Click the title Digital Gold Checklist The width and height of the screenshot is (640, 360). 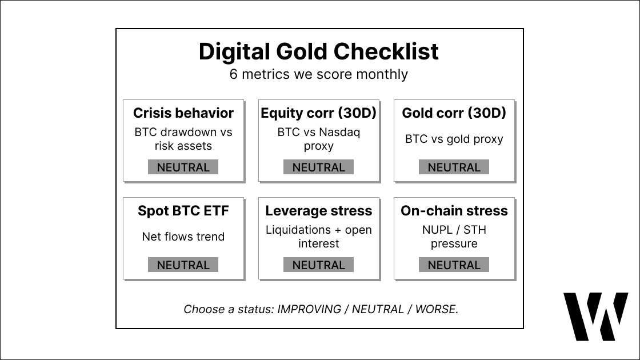tap(319, 52)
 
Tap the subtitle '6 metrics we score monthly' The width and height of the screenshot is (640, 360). tap(319, 74)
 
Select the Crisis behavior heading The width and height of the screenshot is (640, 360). tap(183, 113)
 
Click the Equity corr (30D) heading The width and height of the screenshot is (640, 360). tap(319, 113)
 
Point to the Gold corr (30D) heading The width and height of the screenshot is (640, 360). tap(454, 113)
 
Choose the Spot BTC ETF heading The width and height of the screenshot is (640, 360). tap(183, 211)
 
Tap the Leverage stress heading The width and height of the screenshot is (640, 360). tap(319, 211)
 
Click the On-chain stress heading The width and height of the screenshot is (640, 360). tap(454, 211)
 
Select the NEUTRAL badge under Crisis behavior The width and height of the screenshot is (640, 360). tap(183, 167)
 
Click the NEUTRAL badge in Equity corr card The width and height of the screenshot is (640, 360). tap(319, 167)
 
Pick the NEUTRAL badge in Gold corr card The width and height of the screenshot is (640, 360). tap(454, 167)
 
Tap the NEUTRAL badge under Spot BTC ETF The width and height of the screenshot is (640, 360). tap(183, 265)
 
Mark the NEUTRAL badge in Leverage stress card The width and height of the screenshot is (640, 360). tap(319, 265)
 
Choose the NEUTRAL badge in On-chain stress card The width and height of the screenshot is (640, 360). tap(454, 265)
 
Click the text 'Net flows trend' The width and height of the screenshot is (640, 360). tap(183, 237)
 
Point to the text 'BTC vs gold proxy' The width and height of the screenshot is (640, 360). tap(454, 139)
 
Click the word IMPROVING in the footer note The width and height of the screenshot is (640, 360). tap(309, 310)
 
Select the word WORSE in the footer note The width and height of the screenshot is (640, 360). tap(435, 310)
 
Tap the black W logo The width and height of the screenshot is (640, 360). tap(595, 317)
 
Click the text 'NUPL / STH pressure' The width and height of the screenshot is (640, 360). tap(454, 237)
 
